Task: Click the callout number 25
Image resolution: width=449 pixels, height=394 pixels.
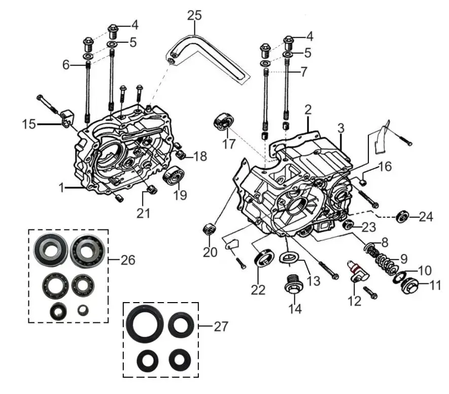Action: point(194,16)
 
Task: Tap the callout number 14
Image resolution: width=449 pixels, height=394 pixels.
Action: point(295,309)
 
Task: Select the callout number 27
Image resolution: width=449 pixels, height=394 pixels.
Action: point(221,326)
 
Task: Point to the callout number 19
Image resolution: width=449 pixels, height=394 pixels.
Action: point(180,195)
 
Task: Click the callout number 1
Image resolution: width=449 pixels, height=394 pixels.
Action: point(61,188)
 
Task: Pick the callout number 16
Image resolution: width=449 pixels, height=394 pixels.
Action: point(385,167)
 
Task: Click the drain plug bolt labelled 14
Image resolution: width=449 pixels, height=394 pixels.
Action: point(293,285)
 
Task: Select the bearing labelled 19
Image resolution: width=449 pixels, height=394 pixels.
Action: point(174,175)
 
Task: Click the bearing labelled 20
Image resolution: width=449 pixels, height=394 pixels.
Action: point(210,228)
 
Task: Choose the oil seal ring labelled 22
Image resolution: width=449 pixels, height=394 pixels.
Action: point(264,257)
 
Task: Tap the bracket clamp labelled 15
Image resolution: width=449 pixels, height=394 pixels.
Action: point(67,118)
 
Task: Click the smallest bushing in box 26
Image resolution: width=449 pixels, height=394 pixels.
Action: point(83,310)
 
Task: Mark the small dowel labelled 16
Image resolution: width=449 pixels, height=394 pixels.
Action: point(363,182)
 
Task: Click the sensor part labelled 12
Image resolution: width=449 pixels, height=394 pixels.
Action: point(357,272)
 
